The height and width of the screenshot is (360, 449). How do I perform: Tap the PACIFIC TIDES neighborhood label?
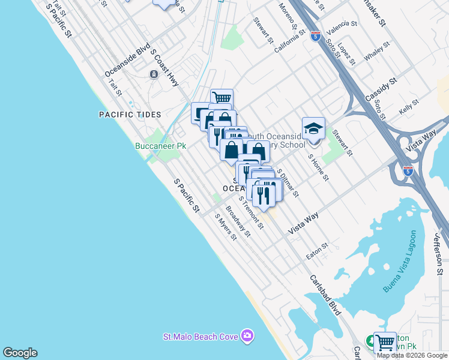tap(130, 114)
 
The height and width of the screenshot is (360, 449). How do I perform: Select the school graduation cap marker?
tap(313, 128)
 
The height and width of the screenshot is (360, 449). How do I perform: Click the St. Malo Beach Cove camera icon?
tap(247, 336)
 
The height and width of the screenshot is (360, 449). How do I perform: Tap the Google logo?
tap(20, 353)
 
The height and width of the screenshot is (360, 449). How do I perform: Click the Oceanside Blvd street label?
tap(127, 63)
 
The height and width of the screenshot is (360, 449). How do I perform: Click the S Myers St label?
tap(226, 226)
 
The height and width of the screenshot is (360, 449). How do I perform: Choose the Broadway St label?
tap(238, 221)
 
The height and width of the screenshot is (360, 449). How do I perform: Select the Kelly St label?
tap(409, 109)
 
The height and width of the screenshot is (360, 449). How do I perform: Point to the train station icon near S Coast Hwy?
tap(154, 74)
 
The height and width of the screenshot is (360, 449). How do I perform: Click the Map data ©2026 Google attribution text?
tap(412, 355)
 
